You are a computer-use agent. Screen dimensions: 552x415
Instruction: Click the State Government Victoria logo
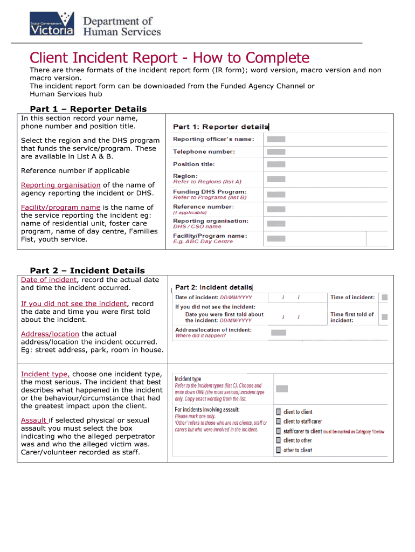pyautogui.click(x=52, y=24)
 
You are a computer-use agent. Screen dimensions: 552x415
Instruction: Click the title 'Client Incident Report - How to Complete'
pyautogui.click(x=169, y=58)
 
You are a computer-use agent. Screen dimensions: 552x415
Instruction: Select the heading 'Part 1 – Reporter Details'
pyautogui.click(x=88, y=109)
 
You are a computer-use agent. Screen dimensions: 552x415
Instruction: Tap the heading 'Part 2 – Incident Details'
pyautogui.click(x=87, y=271)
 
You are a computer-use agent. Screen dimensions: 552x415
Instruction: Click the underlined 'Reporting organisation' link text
pyautogui.click(x=60, y=185)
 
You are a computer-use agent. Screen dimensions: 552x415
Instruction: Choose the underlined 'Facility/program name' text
pyautogui.click(x=60, y=207)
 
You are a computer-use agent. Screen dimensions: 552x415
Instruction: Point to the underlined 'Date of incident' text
pyautogui.click(x=49, y=280)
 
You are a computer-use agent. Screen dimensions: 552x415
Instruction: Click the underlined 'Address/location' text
pyautogui.click(x=50, y=334)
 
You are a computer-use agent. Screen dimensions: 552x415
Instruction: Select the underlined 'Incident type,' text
pyautogui.click(x=45, y=374)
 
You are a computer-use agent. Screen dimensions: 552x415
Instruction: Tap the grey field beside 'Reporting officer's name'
pyautogui.click(x=276, y=140)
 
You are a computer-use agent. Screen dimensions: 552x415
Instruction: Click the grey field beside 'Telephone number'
pyautogui.click(x=276, y=152)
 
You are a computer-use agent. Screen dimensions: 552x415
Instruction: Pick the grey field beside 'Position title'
pyautogui.click(x=276, y=164)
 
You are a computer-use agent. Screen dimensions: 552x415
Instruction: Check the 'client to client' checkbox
pyautogui.click(x=278, y=412)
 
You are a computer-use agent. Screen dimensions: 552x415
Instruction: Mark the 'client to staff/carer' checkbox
pyautogui.click(x=278, y=422)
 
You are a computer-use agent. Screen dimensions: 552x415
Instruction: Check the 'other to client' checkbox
pyautogui.click(x=278, y=450)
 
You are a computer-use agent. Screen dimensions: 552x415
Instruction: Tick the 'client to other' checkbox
pyautogui.click(x=278, y=440)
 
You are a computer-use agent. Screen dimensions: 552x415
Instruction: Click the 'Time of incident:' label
pyautogui.click(x=352, y=297)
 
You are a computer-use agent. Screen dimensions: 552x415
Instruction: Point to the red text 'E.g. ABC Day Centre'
pyautogui.click(x=203, y=241)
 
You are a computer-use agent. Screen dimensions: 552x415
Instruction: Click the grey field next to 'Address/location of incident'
pyautogui.click(x=278, y=333)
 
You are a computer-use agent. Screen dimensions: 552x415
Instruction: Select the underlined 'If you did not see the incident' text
pyautogui.click(x=74, y=303)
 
